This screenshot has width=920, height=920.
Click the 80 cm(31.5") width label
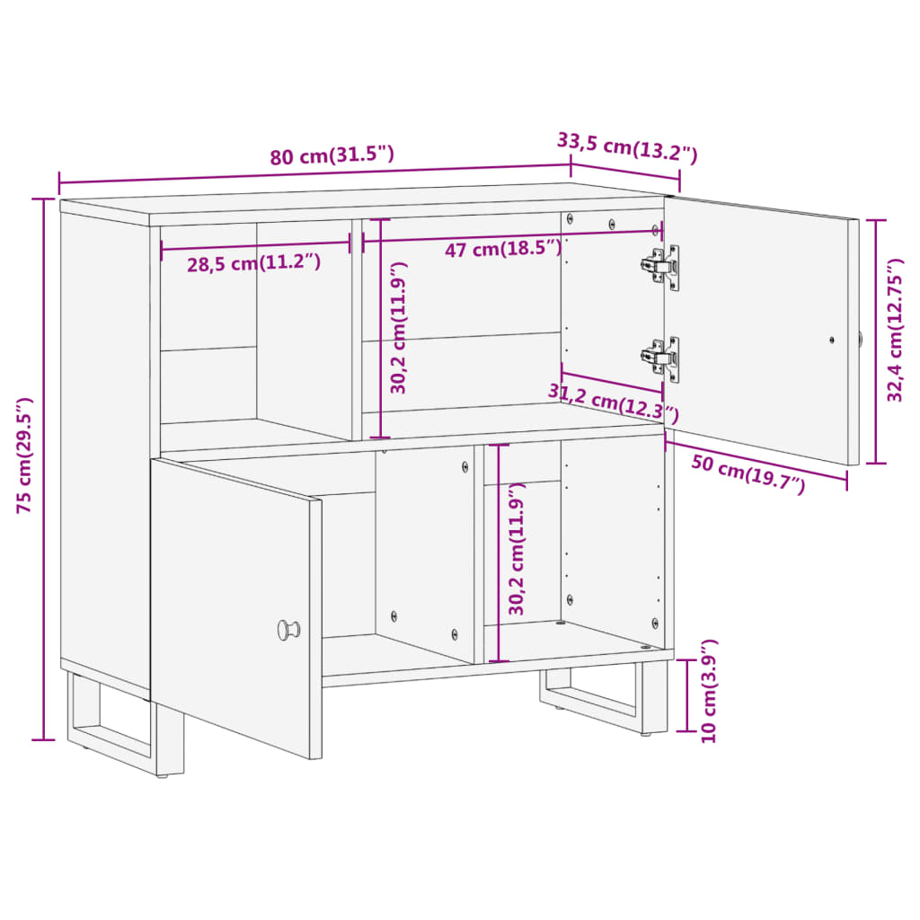(332, 155)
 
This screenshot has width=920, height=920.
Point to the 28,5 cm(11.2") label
(253, 263)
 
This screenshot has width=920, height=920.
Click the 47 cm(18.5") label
(502, 249)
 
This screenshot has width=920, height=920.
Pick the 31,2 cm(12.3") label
(614, 402)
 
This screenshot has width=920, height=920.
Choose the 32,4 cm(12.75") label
(895, 330)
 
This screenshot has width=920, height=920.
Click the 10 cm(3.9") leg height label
(711, 691)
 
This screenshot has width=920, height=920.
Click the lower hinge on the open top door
(661, 358)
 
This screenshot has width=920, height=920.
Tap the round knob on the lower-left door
(288, 629)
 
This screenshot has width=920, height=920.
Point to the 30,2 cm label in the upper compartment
(399, 328)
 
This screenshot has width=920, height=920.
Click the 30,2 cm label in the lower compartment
(517, 549)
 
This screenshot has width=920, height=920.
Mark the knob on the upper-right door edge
(860, 340)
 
